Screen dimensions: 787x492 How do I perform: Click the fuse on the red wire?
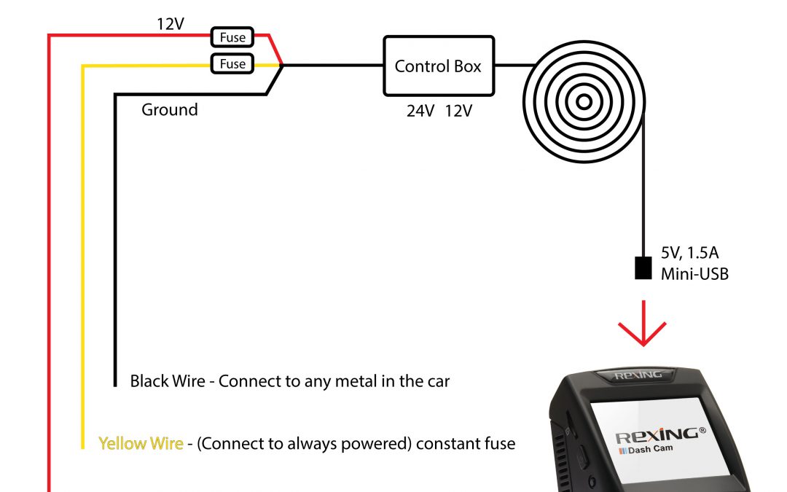click(232, 37)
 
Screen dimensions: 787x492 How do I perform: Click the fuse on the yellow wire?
click(232, 63)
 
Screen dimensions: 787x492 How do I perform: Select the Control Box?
click(439, 66)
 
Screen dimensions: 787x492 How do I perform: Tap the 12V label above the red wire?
click(170, 23)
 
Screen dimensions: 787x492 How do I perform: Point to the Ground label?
click(170, 109)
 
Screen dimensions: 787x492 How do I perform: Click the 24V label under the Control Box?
click(420, 111)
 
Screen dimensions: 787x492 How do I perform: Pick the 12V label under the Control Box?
click(458, 111)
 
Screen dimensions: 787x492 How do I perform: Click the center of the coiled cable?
click(584, 102)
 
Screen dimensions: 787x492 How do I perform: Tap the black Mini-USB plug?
click(643, 268)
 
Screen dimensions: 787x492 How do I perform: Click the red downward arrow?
click(643, 324)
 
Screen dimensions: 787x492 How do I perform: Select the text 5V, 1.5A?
click(689, 252)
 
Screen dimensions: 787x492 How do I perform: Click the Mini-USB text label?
click(694, 274)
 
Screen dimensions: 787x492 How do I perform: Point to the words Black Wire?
click(168, 381)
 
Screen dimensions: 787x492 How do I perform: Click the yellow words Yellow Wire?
click(141, 443)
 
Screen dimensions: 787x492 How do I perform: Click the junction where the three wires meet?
click(282, 66)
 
